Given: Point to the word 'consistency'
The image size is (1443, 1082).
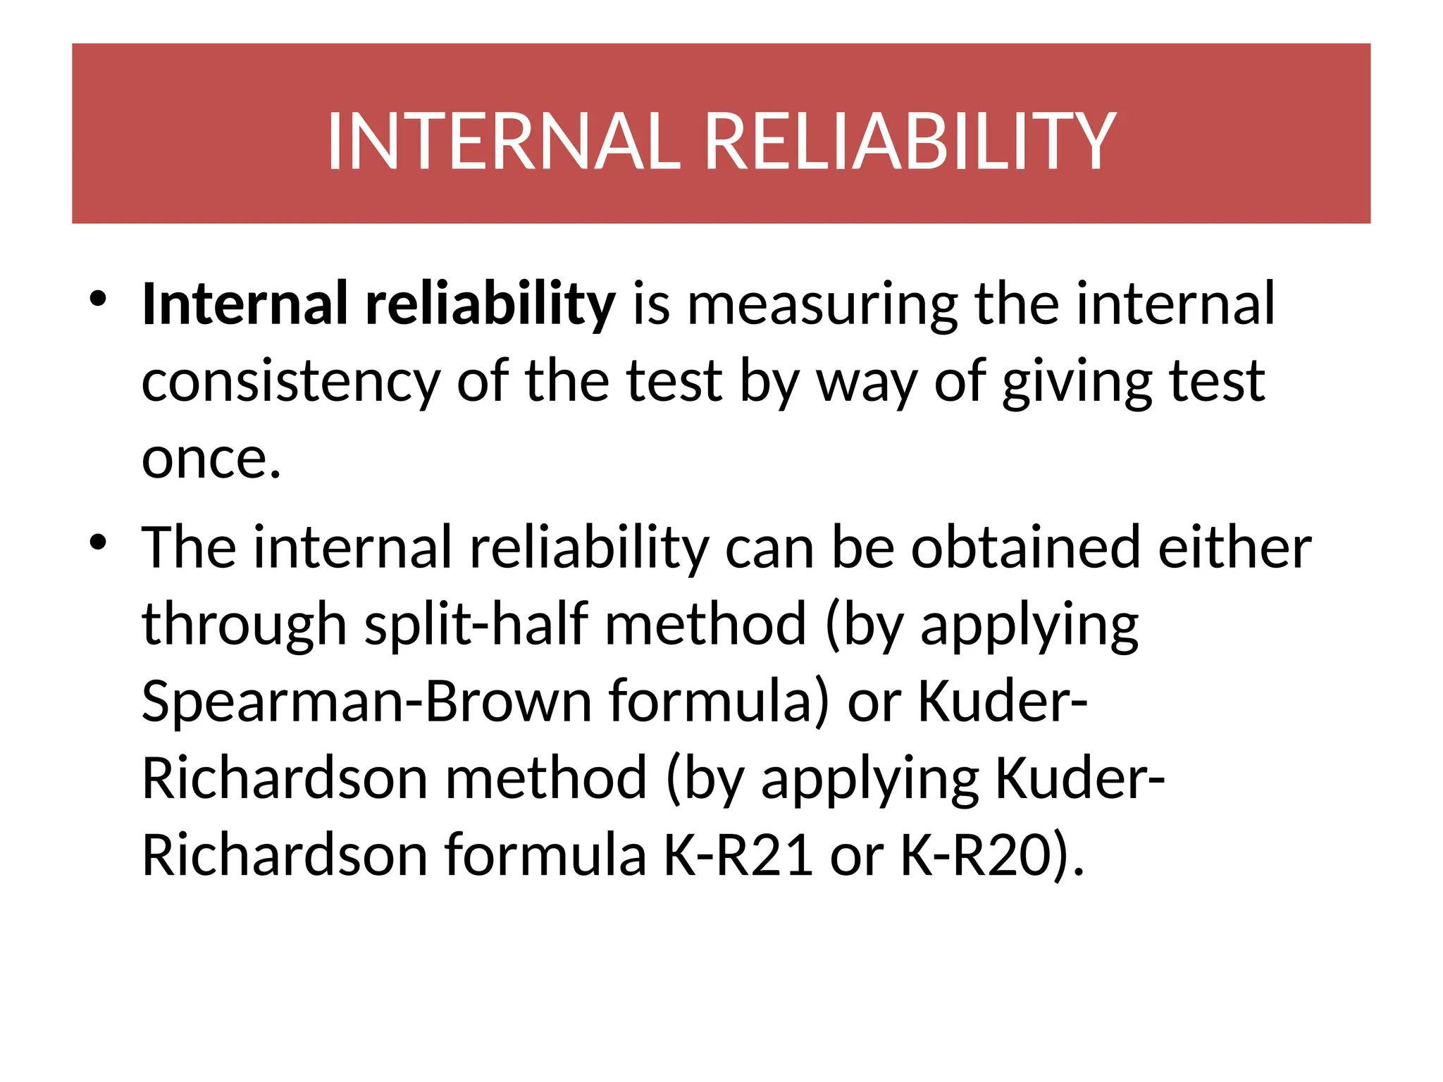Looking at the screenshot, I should coord(290,382).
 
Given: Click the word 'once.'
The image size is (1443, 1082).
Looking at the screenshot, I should coord(211,459).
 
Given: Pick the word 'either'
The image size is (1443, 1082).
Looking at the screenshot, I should coord(1234,547).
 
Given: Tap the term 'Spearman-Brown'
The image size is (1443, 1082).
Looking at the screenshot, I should coord(366,702).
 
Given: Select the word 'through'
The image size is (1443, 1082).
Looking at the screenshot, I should coord(244,625).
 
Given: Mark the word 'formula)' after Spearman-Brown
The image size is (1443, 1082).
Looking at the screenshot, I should coord(719,702).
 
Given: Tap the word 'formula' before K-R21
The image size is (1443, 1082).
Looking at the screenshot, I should coord(545,855).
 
